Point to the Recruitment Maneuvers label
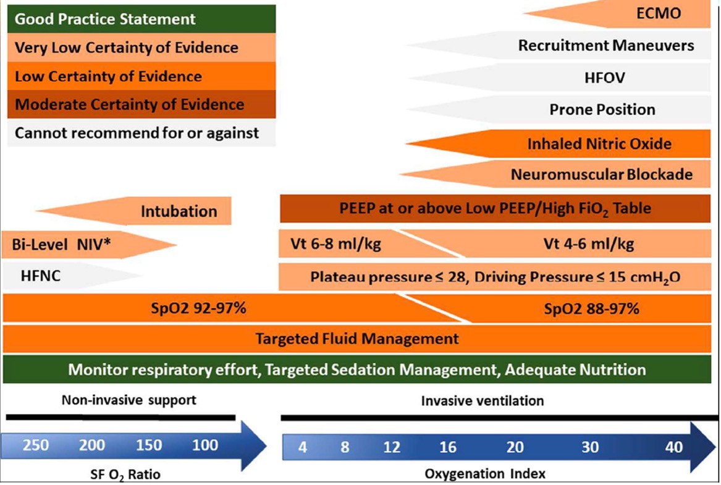(605, 46)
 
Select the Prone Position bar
(602, 110)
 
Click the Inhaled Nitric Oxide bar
(599, 144)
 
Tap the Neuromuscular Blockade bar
(601, 175)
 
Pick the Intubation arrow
(179, 211)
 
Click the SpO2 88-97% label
(591, 308)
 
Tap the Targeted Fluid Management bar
(357, 339)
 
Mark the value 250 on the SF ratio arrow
(35, 445)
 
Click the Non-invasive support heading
(129, 400)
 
